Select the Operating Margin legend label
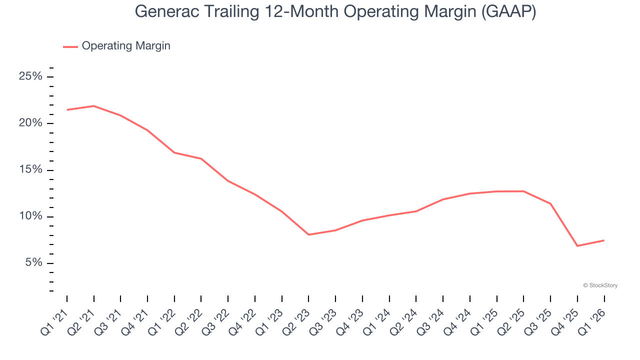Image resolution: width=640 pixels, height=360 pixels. click(x=126, y=46)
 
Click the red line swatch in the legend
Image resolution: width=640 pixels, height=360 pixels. click(x=70, y=46)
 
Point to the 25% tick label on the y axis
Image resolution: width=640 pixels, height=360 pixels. click(x=30, y=76)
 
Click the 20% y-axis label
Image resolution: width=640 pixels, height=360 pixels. click(x=30, y=123)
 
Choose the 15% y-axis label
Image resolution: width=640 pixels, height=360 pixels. click(x=30, y=170)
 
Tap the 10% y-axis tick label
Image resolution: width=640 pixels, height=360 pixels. click(x=30, y=216)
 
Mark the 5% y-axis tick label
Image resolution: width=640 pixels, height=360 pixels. click(x=33, y=263)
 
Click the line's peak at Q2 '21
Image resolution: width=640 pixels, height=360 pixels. click(x=93, y=106)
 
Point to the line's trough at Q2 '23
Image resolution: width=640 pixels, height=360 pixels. click(x=308, y=234)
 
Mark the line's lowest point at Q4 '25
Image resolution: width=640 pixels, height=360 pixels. click(x=577, y=246)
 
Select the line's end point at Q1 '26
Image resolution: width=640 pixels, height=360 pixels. click(x=603, y=240)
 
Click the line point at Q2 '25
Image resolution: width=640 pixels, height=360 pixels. click(x=523, y=191)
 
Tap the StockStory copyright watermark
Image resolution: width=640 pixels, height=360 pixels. click(x=600, y=285)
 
